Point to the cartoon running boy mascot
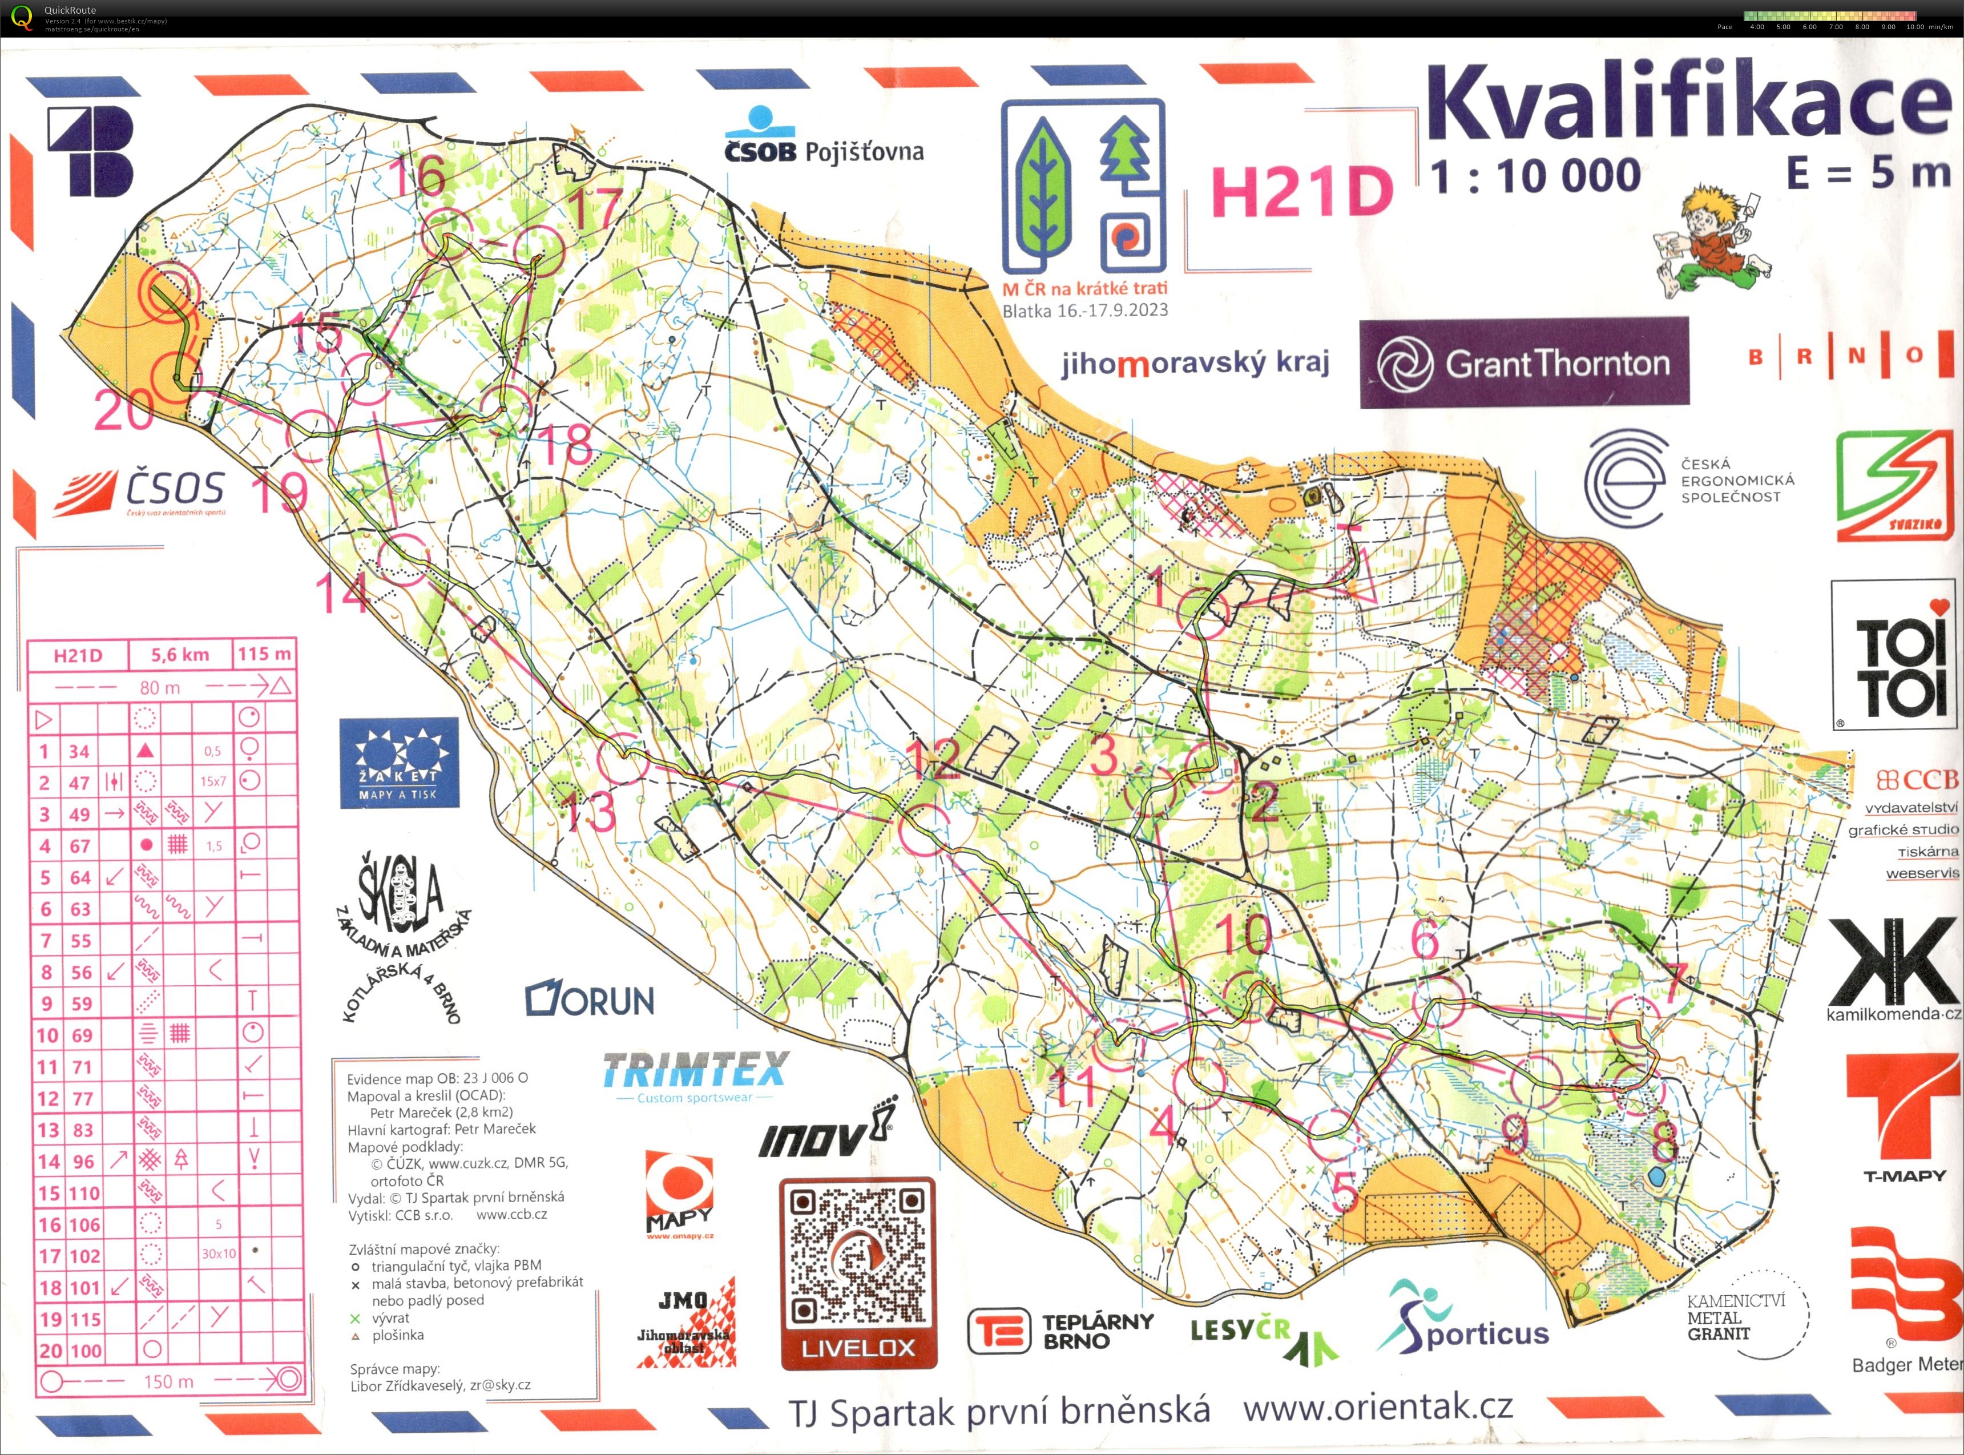coord(1713,240)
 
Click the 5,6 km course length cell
coord(180,654)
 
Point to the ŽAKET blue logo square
coord(399,763)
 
